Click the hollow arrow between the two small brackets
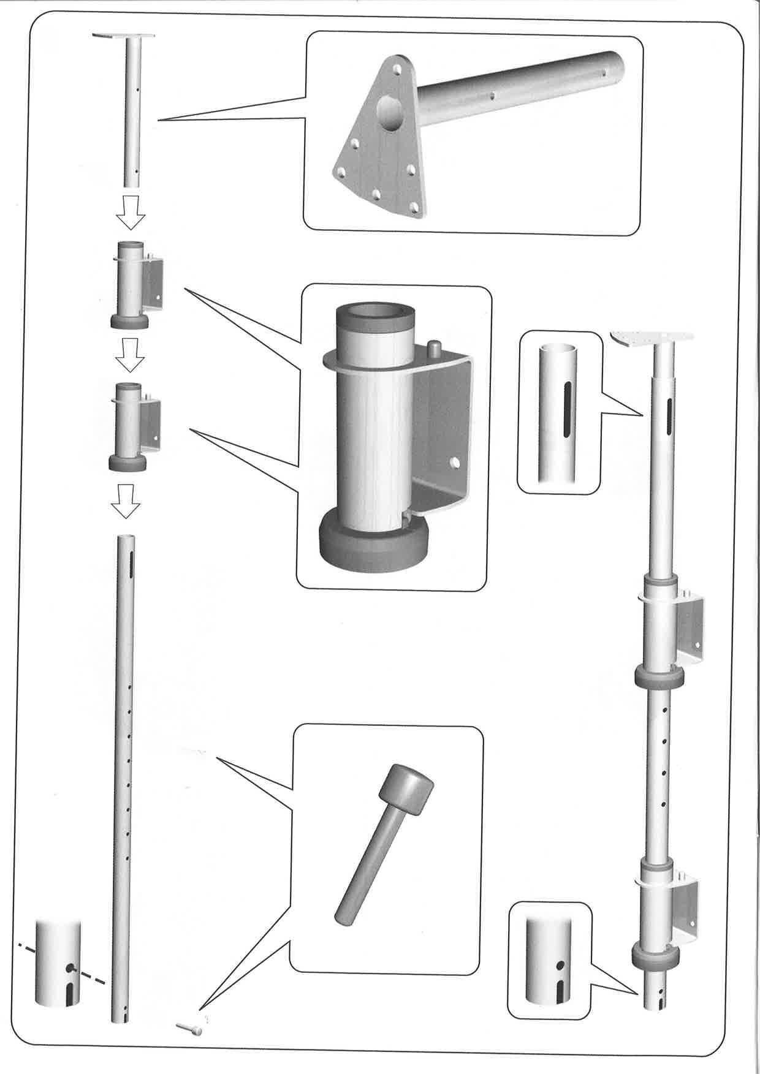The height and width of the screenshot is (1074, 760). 130,356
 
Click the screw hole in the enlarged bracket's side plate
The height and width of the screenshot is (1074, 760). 455,461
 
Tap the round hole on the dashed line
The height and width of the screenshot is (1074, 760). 72,968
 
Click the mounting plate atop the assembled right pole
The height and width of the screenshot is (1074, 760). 652,337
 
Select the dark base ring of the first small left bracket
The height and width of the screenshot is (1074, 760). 128,321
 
